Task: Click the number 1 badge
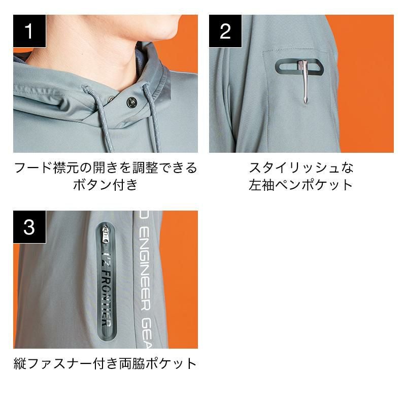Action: pos(29,31)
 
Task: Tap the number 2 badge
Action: pos(225,31)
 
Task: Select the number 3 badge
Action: pos(29,227)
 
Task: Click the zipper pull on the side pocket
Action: pos(106,234)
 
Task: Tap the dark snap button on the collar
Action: pos(131,103)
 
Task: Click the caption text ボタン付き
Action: pos(105,185)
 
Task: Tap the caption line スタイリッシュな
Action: pos(301,167)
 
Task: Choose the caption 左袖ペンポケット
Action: pos(301,185)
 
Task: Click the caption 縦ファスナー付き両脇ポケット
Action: pos(105,363)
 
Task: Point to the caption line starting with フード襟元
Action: pos(106,167)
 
